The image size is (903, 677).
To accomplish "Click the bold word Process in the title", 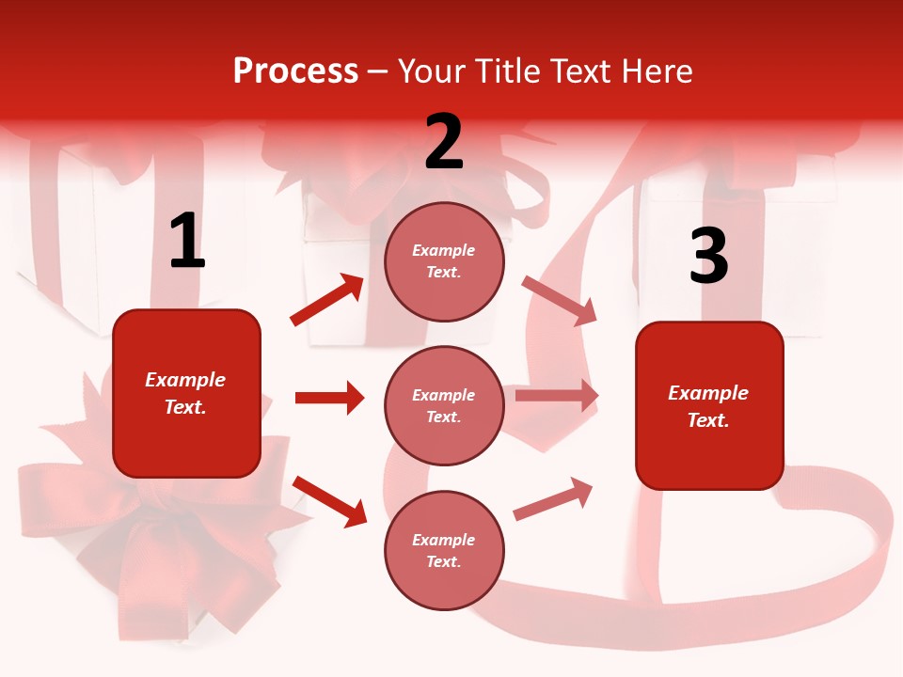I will coord(295,71).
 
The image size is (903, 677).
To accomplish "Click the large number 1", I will coord(187,241).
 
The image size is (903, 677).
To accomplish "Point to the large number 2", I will coord(444,142).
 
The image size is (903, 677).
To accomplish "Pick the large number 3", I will coord(708,257).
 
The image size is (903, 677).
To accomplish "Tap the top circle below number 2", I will coord(444,261).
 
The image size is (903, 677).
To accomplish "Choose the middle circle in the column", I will coord(444,405).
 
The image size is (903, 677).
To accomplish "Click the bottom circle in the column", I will coord(444,550).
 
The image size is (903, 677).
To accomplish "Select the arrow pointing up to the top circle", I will coord(327,300).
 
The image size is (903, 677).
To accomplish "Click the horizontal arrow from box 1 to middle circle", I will coord(329,398).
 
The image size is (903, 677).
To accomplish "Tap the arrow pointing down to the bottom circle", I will coord(329,501).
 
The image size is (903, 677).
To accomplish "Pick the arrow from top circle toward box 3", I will coord(560,300).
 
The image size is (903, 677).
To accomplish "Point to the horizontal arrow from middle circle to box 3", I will coord(557,396).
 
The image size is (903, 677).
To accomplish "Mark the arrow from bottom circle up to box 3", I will coord(553,499).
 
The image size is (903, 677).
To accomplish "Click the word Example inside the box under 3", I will coord(708,393).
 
